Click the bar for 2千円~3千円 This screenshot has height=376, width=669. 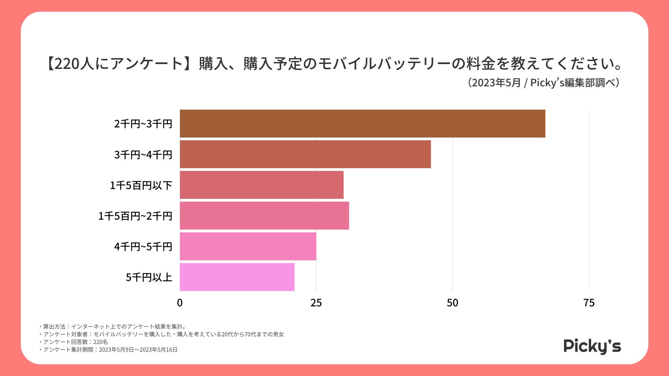click(x=362, y=124)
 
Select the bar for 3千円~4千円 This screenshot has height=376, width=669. click(x=305, y=154)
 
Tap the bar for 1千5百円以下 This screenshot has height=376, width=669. click(x=262, y=185)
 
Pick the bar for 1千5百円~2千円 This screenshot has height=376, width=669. click(x=264, y=216)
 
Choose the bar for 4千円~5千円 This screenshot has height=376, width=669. click(x=248, y=246)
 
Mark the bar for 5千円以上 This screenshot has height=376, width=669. click(x=237, y=277)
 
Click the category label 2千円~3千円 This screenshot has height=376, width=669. click(x=143, y=124)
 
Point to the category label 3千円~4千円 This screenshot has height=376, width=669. click(x=143, y=155)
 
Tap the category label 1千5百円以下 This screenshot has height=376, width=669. click(x=141, y=185)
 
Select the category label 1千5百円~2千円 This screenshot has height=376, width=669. click(x=135, y=216)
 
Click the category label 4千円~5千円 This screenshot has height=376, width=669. click(x=143, y=246)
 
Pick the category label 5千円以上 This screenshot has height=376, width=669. click(x=149, y=277)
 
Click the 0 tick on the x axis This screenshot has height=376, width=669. click(x=180, y=303)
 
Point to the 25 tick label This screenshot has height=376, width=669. click(x=316, y=303)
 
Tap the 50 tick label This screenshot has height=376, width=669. click(x=453, y=303)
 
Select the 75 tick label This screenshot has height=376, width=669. click(x=589, y=303)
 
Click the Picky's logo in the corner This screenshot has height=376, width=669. click(x=592, y=346)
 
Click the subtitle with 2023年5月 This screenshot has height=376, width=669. click(x=544, y=83)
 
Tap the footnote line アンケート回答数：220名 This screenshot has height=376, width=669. click(x=74, y=342)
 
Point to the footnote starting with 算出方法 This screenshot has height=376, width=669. click(x=113, y=327)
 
